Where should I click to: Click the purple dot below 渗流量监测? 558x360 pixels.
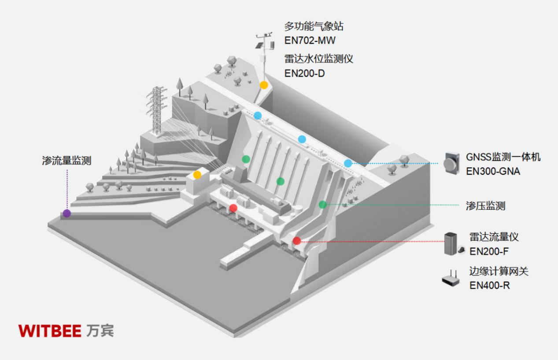coord(67,213)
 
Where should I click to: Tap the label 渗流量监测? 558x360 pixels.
coord(67,161)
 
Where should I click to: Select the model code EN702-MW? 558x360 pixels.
coord(310,41)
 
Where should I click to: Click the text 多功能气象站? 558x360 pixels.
coord(314,26)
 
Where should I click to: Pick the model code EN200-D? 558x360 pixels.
coord(304,73)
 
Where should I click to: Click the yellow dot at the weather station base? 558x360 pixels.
coord(263,85)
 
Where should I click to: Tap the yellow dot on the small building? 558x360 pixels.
coord(197,175)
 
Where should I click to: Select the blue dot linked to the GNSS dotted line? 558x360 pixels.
coord(348,163)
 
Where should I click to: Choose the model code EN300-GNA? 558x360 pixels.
coord(493,171)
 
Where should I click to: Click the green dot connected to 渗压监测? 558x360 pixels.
coord(323,204)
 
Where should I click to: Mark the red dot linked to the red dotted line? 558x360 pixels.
coord(297,241)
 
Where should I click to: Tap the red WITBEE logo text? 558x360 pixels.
coord(50,331)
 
